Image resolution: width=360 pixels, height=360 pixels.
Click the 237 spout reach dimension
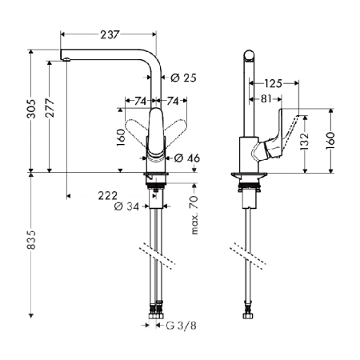click(x=110, y=34)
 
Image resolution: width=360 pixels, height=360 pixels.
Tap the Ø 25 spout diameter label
click(x=183, y=77)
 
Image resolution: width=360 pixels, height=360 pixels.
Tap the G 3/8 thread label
click(x=182, y=326)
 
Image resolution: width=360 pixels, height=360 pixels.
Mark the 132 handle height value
click(x=305, y=141)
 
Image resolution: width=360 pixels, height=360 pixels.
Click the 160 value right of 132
click(x=331, y=141)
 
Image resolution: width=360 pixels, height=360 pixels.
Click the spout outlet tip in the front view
click(x=67, y=58)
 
